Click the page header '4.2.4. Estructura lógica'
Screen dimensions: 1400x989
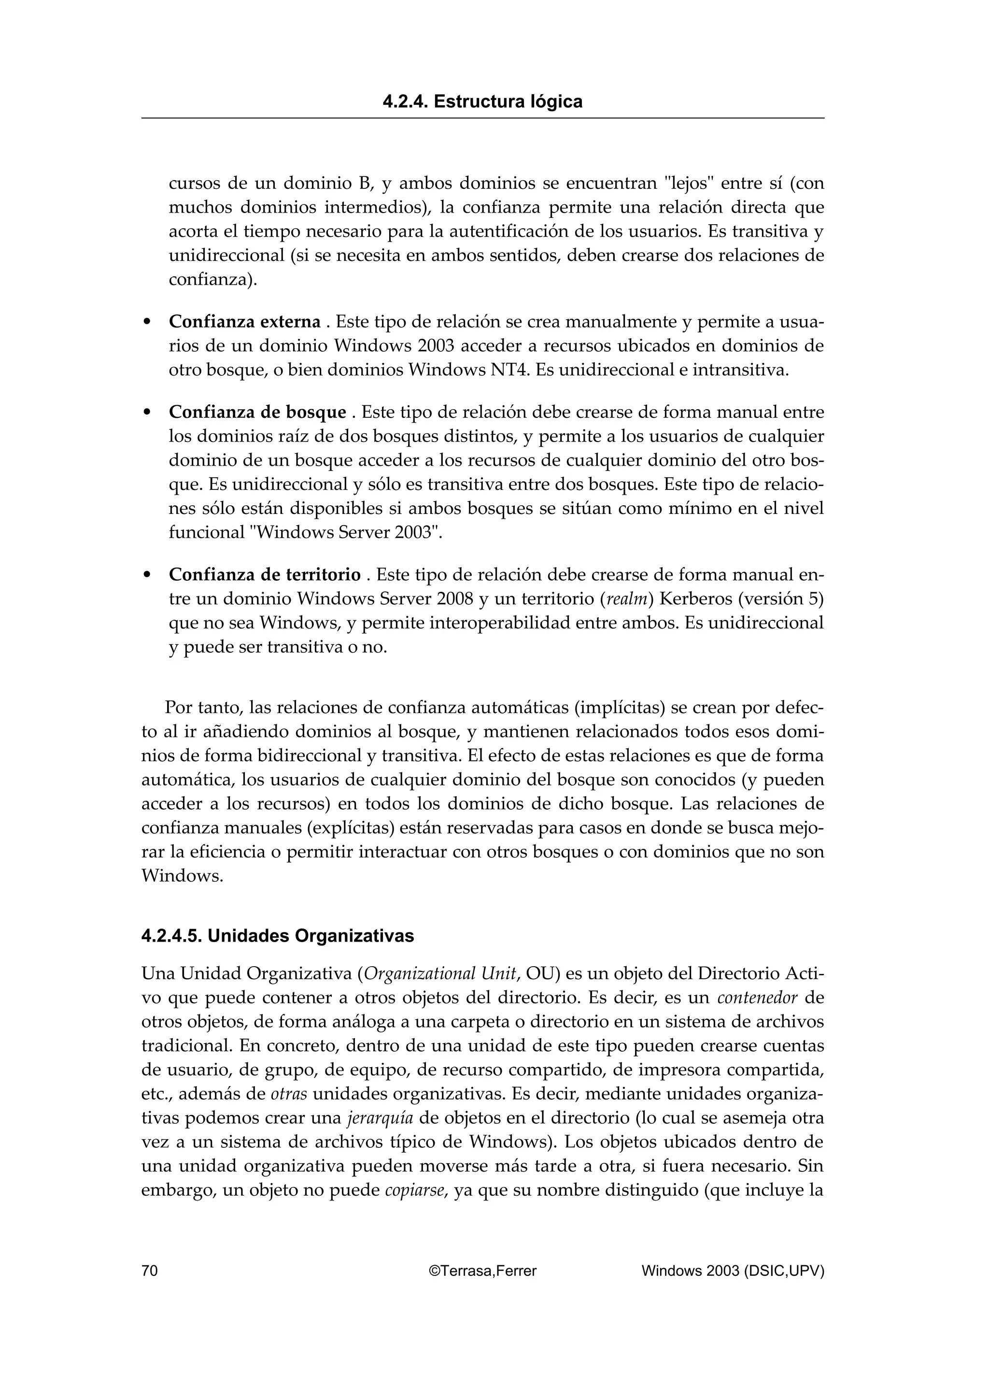pyautogui.click(x=482, y=101)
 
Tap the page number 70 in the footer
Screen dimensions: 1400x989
pyautogui.click(x=150, y=1271)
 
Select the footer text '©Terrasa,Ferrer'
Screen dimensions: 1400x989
pyautogui.click(x=482, y=1271)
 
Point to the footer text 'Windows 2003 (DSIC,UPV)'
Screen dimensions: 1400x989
pyautogui.click(x=733, y=1271)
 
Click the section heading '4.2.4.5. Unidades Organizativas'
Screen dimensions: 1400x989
pyautogui.click(x=277, y=936)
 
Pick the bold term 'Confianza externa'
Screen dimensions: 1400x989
pyautogui.click(x=244, y=321)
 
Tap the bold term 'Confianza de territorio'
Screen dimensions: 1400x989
pyautogui.click(x=265, y=574)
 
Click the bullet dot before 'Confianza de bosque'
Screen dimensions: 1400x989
pyautogui.click(x=146, y=413)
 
